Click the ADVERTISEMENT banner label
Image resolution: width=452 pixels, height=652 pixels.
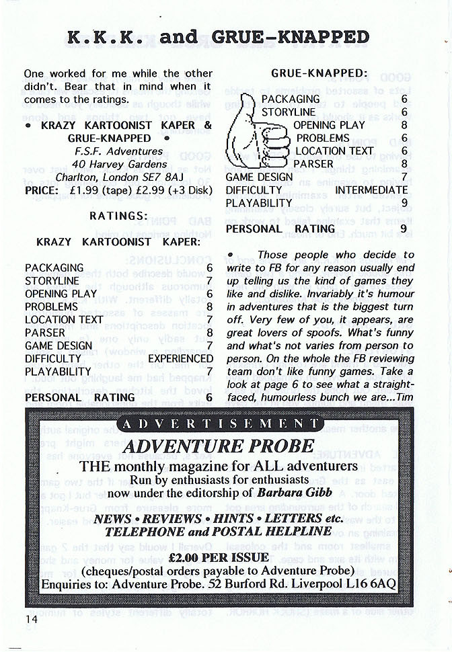pyautogui.click(x=219, y=423)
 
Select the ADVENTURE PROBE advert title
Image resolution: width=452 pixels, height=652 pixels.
pyautogui.click(x=219, y=446)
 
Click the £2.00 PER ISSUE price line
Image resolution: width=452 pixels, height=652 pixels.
pyautogui.click(x=219, y=557)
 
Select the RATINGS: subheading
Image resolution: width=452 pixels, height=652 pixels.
pyautogui.click(x=118, y=216)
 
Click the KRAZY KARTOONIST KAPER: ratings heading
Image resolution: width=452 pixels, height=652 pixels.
pyautogui.click(x=118, y=241)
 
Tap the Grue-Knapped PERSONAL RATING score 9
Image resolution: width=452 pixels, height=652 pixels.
pyautogui.click(x=404, y=229)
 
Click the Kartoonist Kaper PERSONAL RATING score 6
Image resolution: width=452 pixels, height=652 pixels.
pyautogui.click(x=209, y=397)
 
